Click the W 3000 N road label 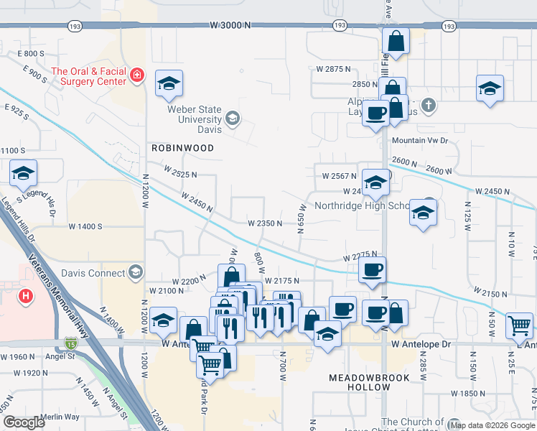[230, 24]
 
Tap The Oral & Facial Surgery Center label [89, 75]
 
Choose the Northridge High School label [359, 205]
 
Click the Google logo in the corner [24, 422]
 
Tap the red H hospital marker [26, 295]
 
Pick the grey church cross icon [428, 105]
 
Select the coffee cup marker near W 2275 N [372, 271]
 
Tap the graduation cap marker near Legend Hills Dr [24, 174]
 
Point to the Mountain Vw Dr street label [419, 142]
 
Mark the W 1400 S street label [86, 226]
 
